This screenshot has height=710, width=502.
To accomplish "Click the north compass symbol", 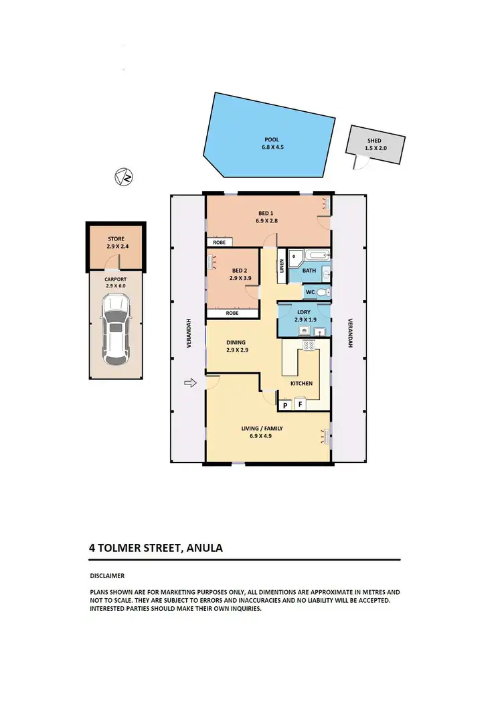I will tap(123, 177).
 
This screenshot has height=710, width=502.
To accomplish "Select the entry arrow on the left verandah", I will tap(191, 383).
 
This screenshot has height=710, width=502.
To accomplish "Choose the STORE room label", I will tap(116, 239).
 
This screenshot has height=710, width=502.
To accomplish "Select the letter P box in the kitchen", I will tap(285, 405).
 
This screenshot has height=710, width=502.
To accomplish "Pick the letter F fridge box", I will tap(301, 405).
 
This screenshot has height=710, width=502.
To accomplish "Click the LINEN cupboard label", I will tap(282, 267).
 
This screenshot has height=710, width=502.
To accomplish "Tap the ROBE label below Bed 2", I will tap(232, 313).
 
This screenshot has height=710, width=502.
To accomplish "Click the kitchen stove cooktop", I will tap(310, 346).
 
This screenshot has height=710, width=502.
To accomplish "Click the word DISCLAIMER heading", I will tap(107, 575).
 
